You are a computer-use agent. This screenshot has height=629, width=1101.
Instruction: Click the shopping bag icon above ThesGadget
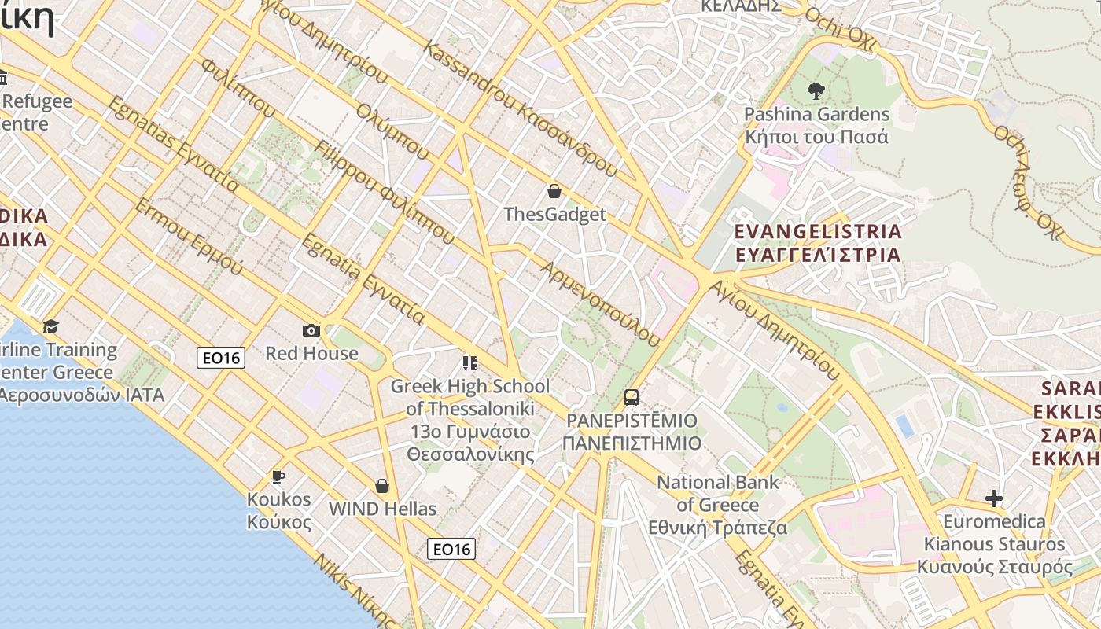click(554, 191)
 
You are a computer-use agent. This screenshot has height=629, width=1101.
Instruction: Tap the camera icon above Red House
click(311, 331)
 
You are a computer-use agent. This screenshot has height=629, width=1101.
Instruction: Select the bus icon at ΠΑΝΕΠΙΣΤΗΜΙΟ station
click(632, 398)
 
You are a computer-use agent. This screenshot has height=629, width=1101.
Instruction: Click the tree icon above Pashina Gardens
click(816, 91)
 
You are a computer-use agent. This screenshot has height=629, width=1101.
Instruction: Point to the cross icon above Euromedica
click(994, 498)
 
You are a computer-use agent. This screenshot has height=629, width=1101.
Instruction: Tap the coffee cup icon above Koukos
click(278, 476)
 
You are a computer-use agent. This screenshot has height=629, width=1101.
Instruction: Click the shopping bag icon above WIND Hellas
click(382, 486)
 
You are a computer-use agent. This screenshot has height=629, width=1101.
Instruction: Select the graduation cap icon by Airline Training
click(51, 326)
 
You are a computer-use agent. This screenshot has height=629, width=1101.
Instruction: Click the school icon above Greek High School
click(469, 363)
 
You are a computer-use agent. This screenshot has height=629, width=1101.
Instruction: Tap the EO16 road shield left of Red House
click(221, 358)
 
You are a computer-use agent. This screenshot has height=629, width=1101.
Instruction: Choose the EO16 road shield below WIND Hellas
click(451, 549)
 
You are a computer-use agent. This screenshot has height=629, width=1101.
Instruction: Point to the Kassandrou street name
click(519, 109)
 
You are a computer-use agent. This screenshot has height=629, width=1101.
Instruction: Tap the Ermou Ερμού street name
click(188, 236)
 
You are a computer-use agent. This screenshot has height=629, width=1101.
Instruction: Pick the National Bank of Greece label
click(717, 505)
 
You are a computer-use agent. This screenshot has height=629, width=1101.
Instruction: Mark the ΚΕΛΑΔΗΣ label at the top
click(740, 6)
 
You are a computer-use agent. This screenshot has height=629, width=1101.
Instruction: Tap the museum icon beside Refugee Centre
click(2, 78)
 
